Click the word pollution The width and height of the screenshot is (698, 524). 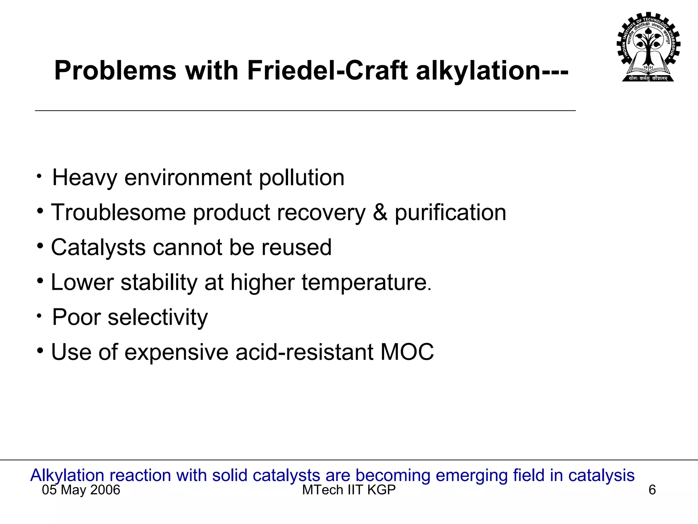302,178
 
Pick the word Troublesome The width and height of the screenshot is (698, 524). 118,213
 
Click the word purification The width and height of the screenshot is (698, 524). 450,213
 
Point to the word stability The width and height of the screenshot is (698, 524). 159,282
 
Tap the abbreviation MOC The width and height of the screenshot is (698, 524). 407,352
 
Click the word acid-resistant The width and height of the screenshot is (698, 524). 304,352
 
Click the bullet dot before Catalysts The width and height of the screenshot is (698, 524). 41,246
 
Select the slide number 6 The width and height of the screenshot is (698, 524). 652,490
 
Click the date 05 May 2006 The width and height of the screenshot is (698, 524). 81,490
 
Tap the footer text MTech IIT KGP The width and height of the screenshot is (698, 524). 349,490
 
